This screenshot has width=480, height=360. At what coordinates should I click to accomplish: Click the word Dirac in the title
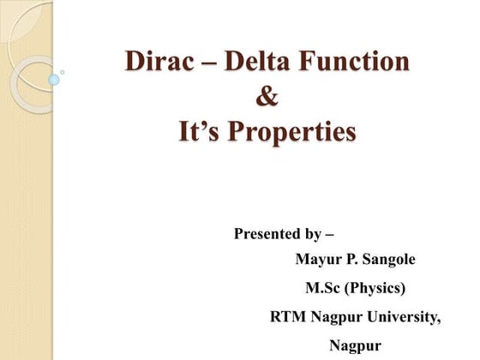pyautogui.click(x=160, y=62)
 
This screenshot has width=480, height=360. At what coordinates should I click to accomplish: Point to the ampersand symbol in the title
pyautogui.click(x=267, y=98)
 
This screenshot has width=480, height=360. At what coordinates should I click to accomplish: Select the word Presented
pyautogui.click(x=266, y=233)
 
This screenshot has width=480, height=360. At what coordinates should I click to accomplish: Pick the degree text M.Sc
pyautogui.click(x=324, y=288)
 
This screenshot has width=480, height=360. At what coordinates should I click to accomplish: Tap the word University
pyautogui.click(x=402, y=317)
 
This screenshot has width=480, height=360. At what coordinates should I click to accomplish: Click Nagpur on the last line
pyautogui.click(x=355, y=346)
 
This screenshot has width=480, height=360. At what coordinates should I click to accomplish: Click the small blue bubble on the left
pyautogui.click(x=54, y=80)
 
